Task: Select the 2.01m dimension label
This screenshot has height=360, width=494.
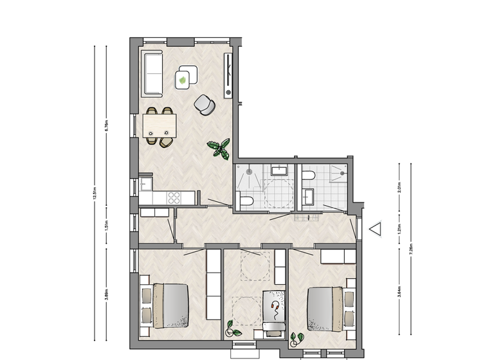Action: [399, 188]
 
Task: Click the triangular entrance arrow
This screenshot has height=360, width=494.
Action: [375, 229]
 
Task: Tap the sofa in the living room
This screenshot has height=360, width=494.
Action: [152, 73]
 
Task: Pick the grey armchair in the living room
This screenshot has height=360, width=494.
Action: [205, 104]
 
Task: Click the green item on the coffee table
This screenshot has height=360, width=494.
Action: [185, 80]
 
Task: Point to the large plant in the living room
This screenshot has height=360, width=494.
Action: [219, 148]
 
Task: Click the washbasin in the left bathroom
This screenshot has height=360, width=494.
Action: [279, 170]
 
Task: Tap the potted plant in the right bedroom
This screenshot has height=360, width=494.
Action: [297, 337]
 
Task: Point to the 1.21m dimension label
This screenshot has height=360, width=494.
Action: [399, 228]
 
